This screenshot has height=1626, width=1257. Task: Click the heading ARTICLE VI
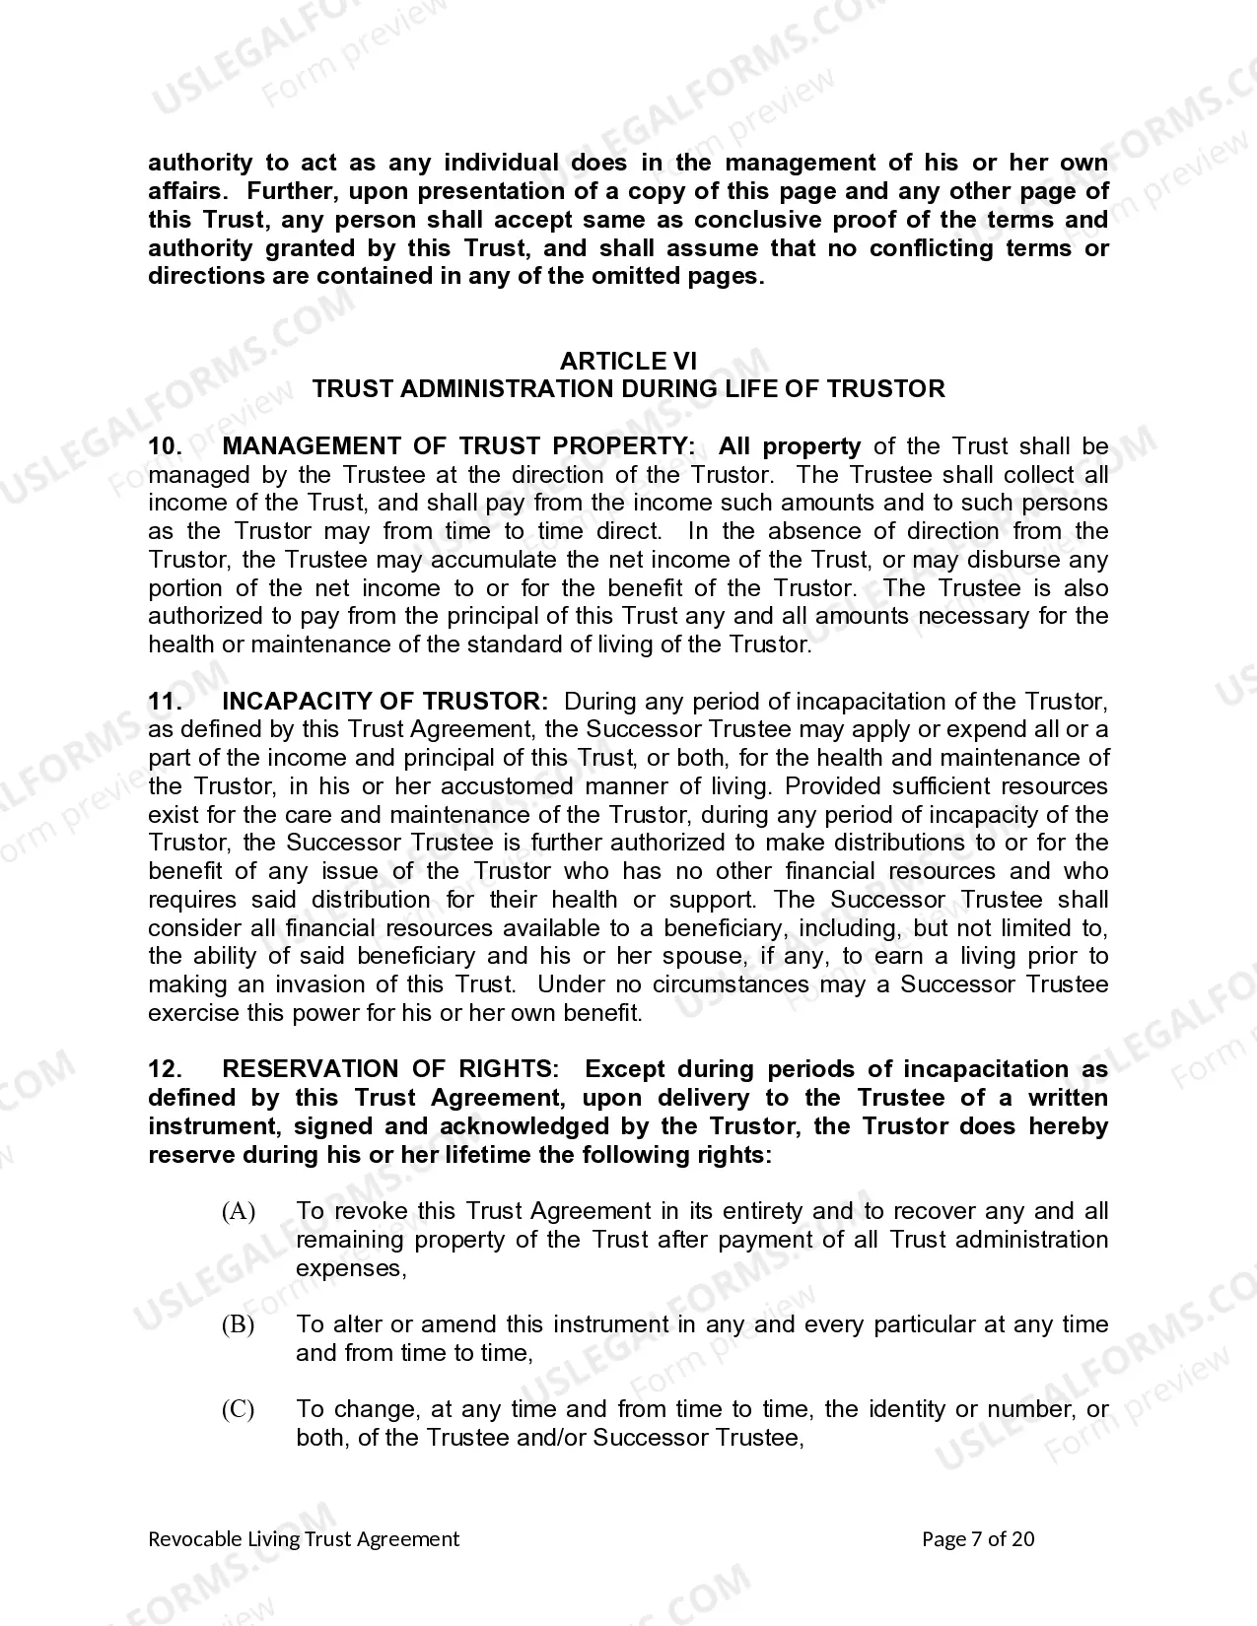tap(628, 361)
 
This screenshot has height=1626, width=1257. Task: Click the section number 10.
tap(164, 446)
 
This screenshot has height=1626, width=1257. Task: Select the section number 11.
tap(164, 702)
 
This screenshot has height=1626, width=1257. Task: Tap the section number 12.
tap(164, 1069)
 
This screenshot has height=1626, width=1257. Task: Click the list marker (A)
tap(238, 1211)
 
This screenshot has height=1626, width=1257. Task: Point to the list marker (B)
tap(238, 1324)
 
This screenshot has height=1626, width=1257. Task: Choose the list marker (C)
tap(238, 1409)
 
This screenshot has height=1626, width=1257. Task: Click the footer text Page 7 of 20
tap(977, 1539)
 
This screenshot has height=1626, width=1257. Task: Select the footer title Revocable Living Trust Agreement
tap(304, 1539)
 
